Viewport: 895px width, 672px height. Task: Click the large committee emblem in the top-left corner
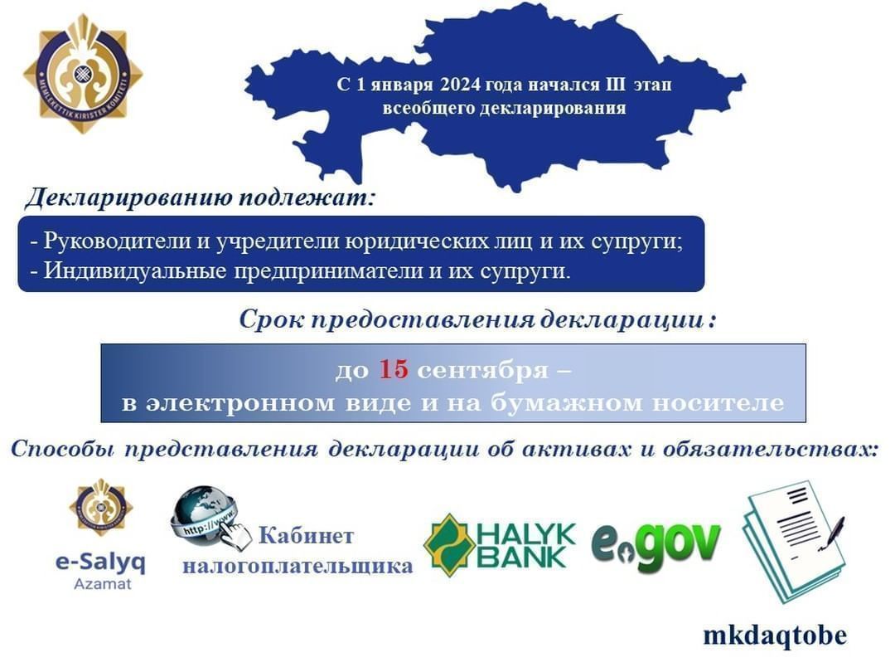[84, 75]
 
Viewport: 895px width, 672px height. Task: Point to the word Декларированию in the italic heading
[128, 197]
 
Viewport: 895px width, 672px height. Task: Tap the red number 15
[394, 370]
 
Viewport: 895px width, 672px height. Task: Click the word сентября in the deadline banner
[482, 371]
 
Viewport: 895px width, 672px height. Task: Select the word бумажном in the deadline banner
[566, 402]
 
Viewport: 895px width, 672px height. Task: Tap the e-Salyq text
[100, 562]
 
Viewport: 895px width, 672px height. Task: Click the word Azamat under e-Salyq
[102, 584]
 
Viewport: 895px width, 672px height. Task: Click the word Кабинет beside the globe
[306, 535]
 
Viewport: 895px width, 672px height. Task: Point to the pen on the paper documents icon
[833, 533]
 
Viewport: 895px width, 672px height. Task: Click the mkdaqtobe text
[775, 635]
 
